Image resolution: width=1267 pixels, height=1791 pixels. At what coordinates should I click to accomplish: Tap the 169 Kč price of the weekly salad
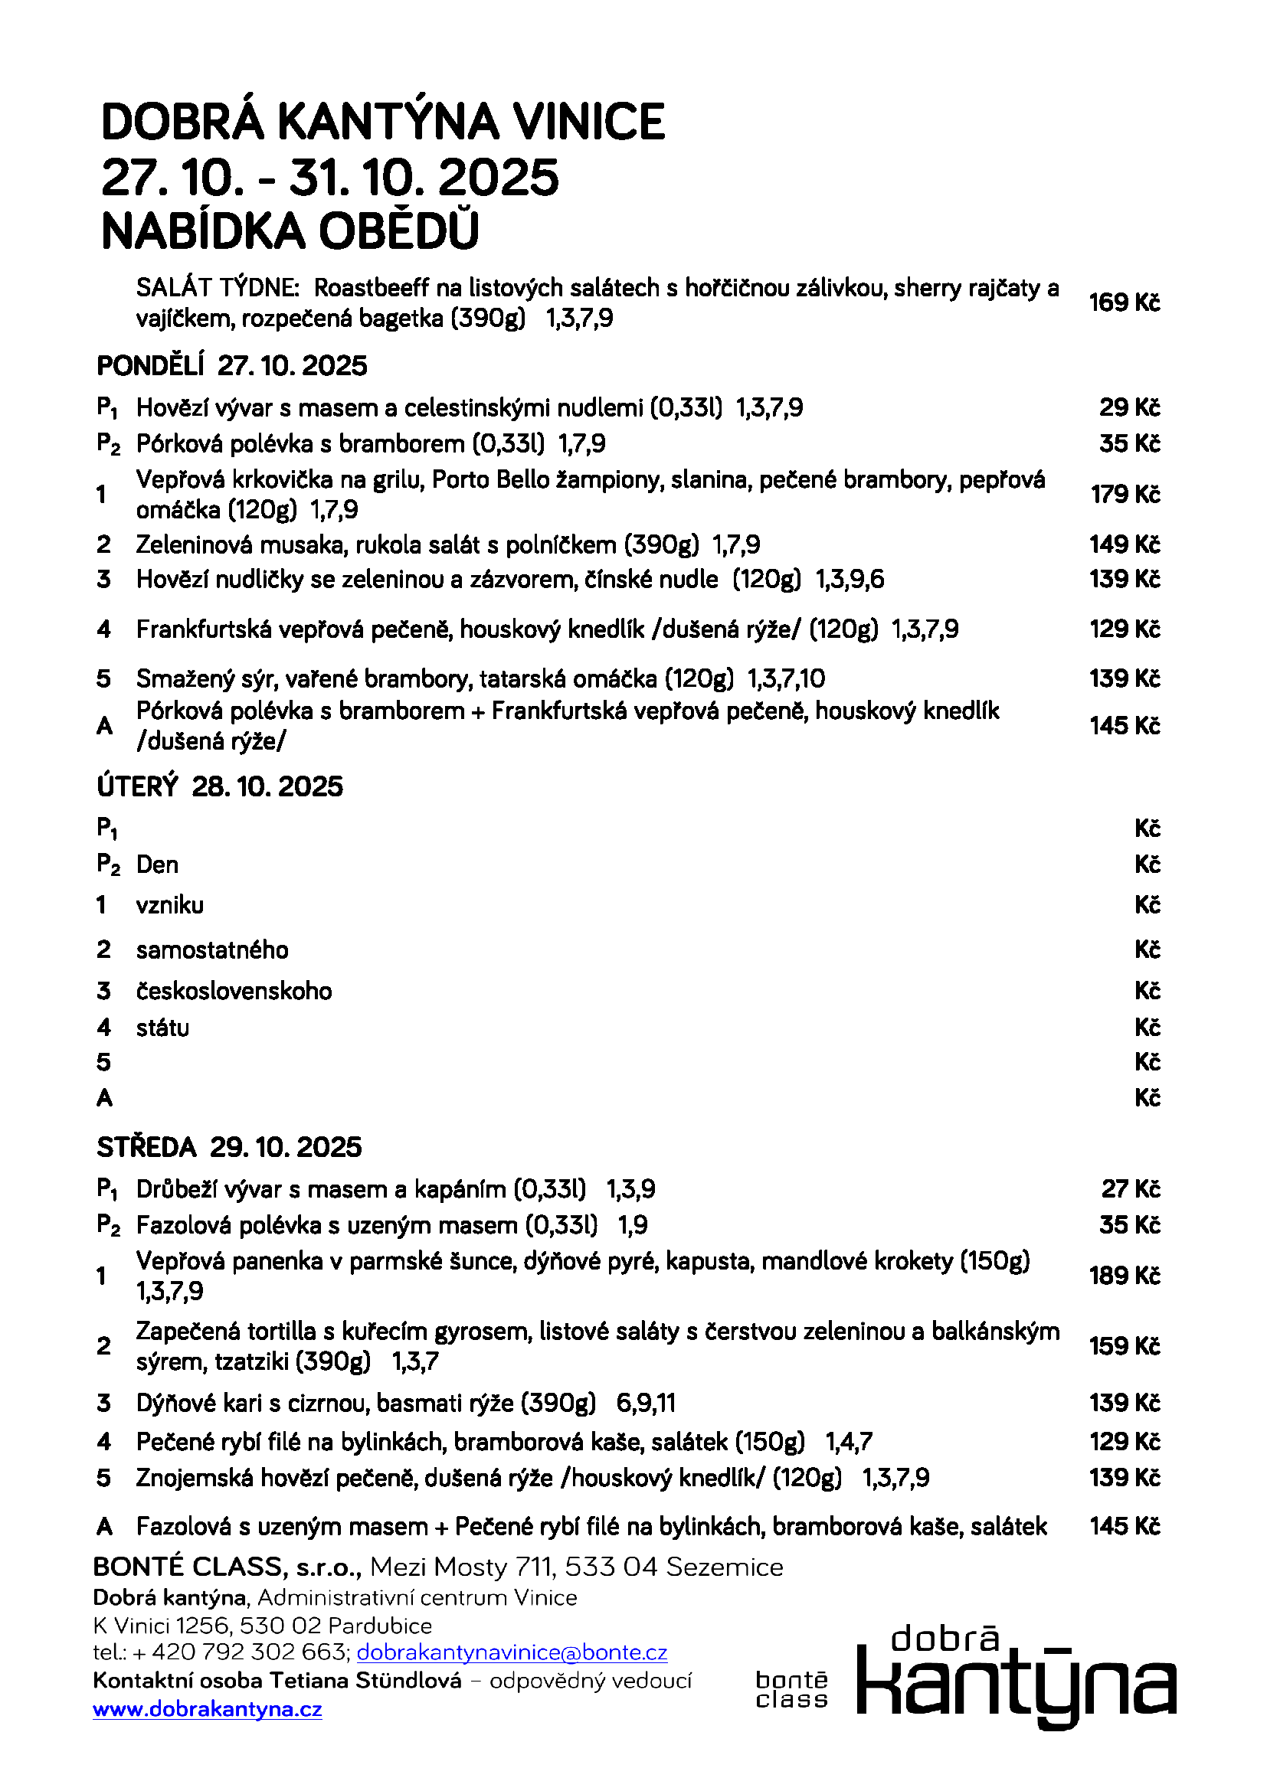(1125, 302)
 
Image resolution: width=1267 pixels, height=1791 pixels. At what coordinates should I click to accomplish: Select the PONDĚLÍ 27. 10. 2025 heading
(231, 366)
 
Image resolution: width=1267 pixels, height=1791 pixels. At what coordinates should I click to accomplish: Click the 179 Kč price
(1125, 495)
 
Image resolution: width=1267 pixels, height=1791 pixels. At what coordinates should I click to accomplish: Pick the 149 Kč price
(1125, 544)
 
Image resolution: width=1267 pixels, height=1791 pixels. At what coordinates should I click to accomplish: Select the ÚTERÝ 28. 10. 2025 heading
(219, 786)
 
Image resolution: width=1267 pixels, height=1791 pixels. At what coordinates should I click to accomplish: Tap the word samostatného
(212, 950)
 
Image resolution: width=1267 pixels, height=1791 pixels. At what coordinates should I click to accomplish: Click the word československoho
(234, 992)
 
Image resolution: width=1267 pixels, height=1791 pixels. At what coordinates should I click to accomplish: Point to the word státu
(162, 1028)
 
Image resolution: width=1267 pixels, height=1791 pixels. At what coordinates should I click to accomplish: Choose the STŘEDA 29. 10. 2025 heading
(228, 1148)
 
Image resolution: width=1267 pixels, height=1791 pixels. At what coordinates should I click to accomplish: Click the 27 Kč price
(1131, 1189)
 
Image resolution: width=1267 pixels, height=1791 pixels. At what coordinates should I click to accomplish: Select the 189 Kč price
(1125, 1276)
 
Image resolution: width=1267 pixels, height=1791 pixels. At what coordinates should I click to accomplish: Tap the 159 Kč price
(1125, 1345)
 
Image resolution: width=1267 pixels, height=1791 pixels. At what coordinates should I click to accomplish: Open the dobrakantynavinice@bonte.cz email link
(512, 1652)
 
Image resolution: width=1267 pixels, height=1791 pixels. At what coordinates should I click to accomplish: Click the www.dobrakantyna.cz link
(208, 1709)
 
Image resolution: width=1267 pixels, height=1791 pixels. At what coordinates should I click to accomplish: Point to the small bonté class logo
(791, 1691)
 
